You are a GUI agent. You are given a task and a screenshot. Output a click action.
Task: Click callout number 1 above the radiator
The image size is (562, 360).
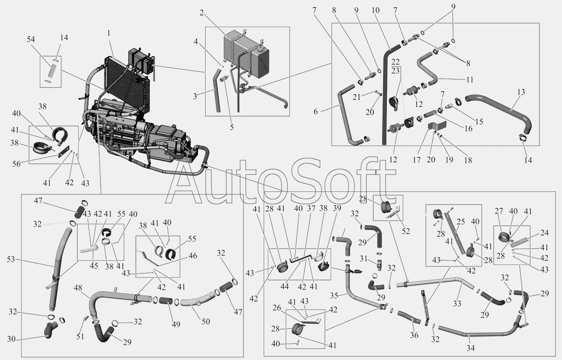pos(108,34)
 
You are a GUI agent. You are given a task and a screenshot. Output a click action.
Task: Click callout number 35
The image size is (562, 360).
pos(333,295)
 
